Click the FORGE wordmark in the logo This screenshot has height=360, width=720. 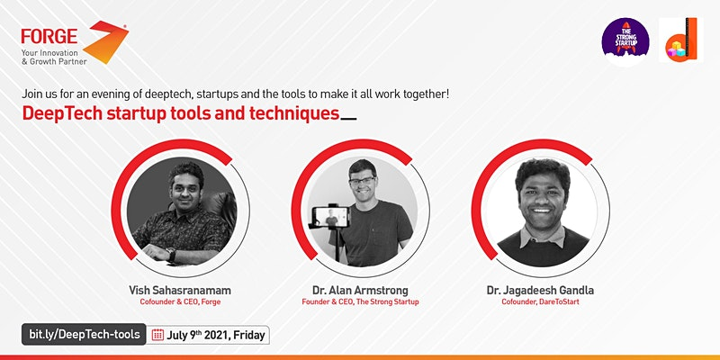tap(49, 36)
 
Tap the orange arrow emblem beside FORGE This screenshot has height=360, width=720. tap(105, 41)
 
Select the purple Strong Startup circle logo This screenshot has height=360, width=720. tap(625, 40)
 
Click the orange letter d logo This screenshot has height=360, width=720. tap(681, 40)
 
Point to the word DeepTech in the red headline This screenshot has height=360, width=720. tap(62, 113)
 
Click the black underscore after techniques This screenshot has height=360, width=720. tap(349, 119)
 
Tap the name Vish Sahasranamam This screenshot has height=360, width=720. tap(180, 290)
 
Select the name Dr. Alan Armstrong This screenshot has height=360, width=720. tap(360, 290)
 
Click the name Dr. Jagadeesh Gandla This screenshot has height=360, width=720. tap(540, 290)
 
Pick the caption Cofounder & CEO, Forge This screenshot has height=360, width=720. tap(180, 302)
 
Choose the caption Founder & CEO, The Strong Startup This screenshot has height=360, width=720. tap(360, 302)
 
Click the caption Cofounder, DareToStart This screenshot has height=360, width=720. tap(540, 302)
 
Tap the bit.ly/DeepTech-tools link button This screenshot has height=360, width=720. tap(84, 334)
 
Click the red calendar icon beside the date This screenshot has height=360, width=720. tap(157, 335)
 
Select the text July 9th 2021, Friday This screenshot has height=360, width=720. tap(216, 335)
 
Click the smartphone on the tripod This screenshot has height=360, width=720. tap(330, 217)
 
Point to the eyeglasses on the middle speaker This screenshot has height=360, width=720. tap(363, 181)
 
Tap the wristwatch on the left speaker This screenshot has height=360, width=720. tap(171, 255)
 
